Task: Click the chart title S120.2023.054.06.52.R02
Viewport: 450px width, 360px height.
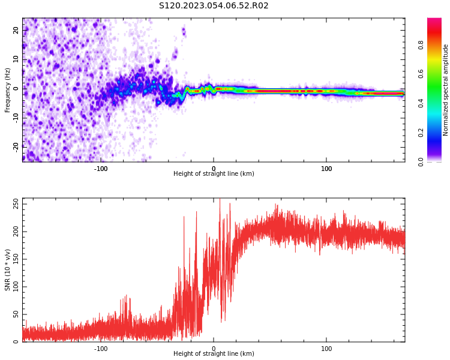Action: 214,6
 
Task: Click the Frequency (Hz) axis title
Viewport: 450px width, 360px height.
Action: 8,90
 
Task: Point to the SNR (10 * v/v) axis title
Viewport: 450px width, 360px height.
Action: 8,270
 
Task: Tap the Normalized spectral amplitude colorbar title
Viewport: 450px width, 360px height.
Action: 446,90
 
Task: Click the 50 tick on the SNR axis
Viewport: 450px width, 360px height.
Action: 17,314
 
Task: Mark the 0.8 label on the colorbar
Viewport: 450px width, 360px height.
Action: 421,45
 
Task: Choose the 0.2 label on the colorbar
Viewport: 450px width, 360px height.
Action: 421,133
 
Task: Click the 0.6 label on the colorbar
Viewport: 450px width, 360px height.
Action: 421,74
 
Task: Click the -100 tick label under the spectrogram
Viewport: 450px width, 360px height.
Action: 101,169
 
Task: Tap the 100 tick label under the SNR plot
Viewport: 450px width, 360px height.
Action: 326,349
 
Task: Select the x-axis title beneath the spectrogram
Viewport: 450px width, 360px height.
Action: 214,174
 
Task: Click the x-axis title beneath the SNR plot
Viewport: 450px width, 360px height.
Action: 214,354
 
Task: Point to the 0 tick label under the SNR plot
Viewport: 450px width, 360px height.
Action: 214,349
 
